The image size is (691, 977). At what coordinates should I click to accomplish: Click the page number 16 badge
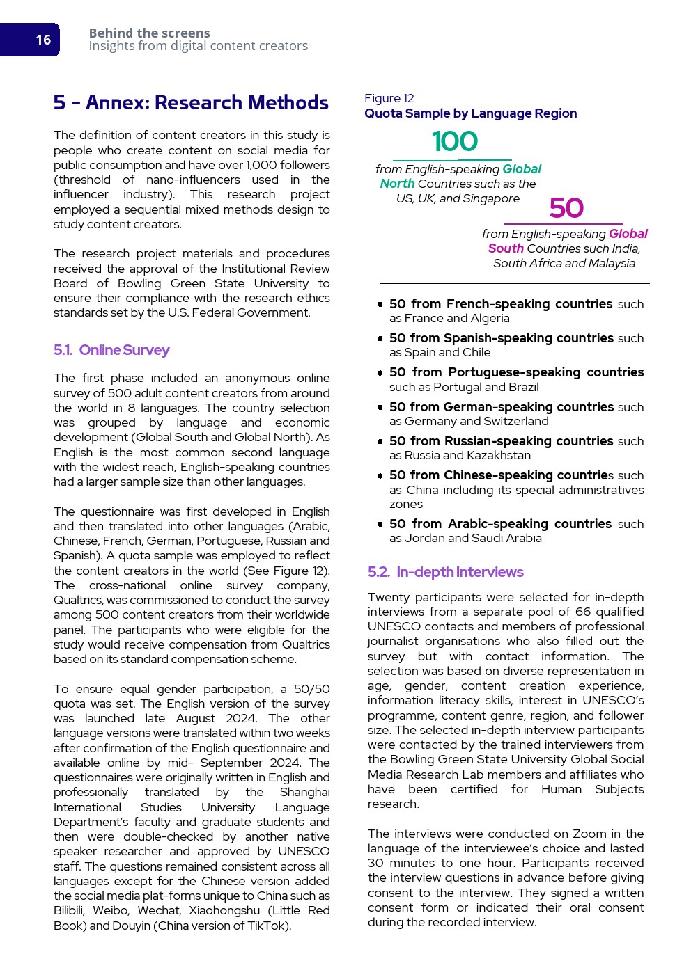(43, 40)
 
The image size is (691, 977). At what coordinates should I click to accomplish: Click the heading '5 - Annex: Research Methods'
(191, 103)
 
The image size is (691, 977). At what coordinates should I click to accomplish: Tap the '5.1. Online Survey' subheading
(111, 350)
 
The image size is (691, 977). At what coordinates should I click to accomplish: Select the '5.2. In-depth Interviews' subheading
(446, 572)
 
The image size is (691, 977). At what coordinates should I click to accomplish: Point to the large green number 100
(454, 141)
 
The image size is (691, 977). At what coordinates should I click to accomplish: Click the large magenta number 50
(566, 208)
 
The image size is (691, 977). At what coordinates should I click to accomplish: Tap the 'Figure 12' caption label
(389, 98)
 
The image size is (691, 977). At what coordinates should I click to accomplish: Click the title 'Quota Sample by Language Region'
(470, 113)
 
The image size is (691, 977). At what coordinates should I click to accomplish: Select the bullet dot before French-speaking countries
(380, 304)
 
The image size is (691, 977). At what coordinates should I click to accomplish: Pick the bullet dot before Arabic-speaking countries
(380, 524)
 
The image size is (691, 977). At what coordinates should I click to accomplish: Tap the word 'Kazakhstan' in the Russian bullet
(498, 455)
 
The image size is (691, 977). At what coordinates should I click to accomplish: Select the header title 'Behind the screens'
(149, 33)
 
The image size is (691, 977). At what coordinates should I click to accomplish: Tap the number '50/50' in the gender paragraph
(311, 689)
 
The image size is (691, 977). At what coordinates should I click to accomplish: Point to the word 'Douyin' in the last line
(131, 926)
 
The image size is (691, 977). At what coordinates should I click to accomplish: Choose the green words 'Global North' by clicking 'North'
(397, 184)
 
